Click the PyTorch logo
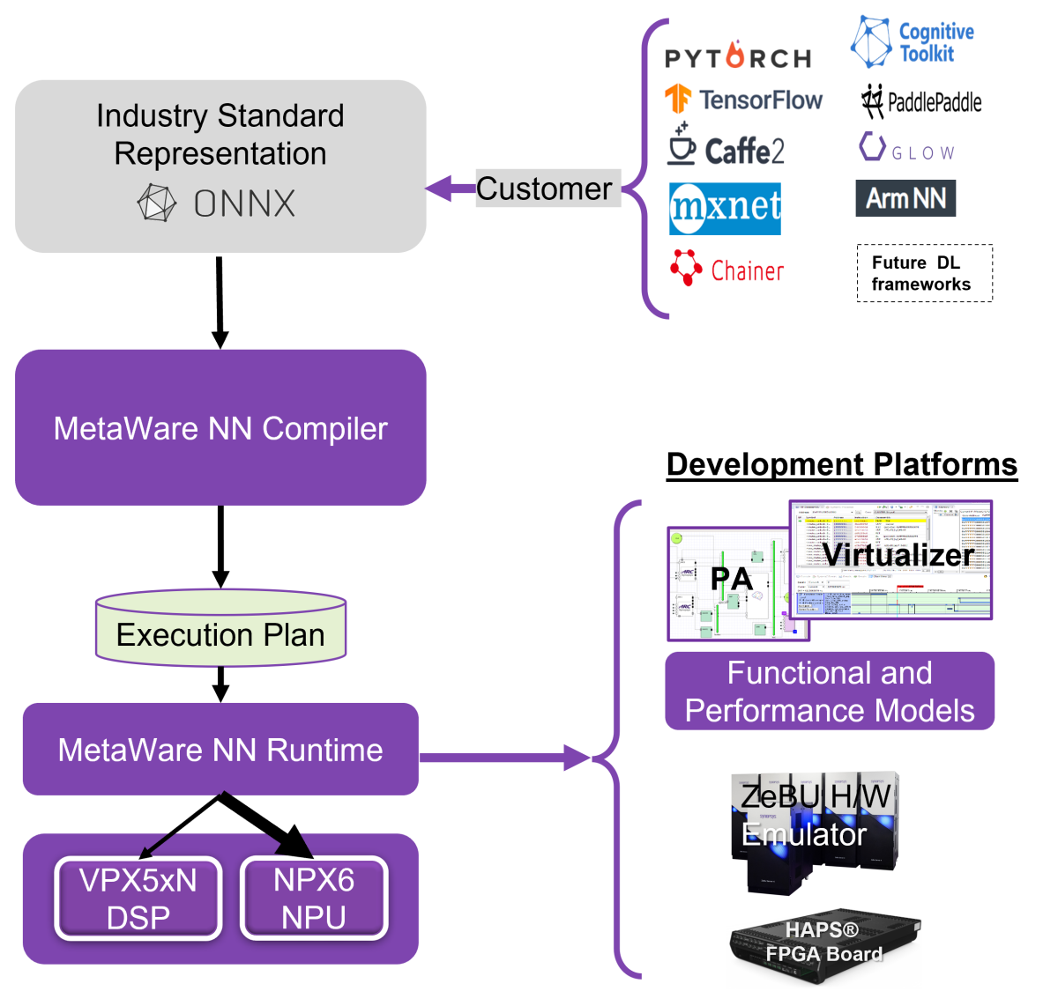click(x=738, y=57)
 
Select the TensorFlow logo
click(x=743, y=100)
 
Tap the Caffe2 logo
click(x=726, y=149)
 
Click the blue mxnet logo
click(x=725, y=209)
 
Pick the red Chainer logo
click(x=726, y=270)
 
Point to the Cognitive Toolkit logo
click(x=913, y=43)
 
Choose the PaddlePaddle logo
click(x=921, y=102)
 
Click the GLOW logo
click(x=907, y=149)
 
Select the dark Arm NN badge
click(x=905, y=198)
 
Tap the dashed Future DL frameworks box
click(x=924, y=273)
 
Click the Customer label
click(x=545, y=189)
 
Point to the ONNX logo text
click(x=243, y=203)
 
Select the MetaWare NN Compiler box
click(x=220, y=428)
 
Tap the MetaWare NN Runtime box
click(x=220, y=750)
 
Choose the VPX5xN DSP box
click(x=138, y=898)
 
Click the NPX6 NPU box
click(x=314, y=898)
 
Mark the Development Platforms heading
click(x=841, y=464)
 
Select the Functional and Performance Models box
click(x=830, y=692)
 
